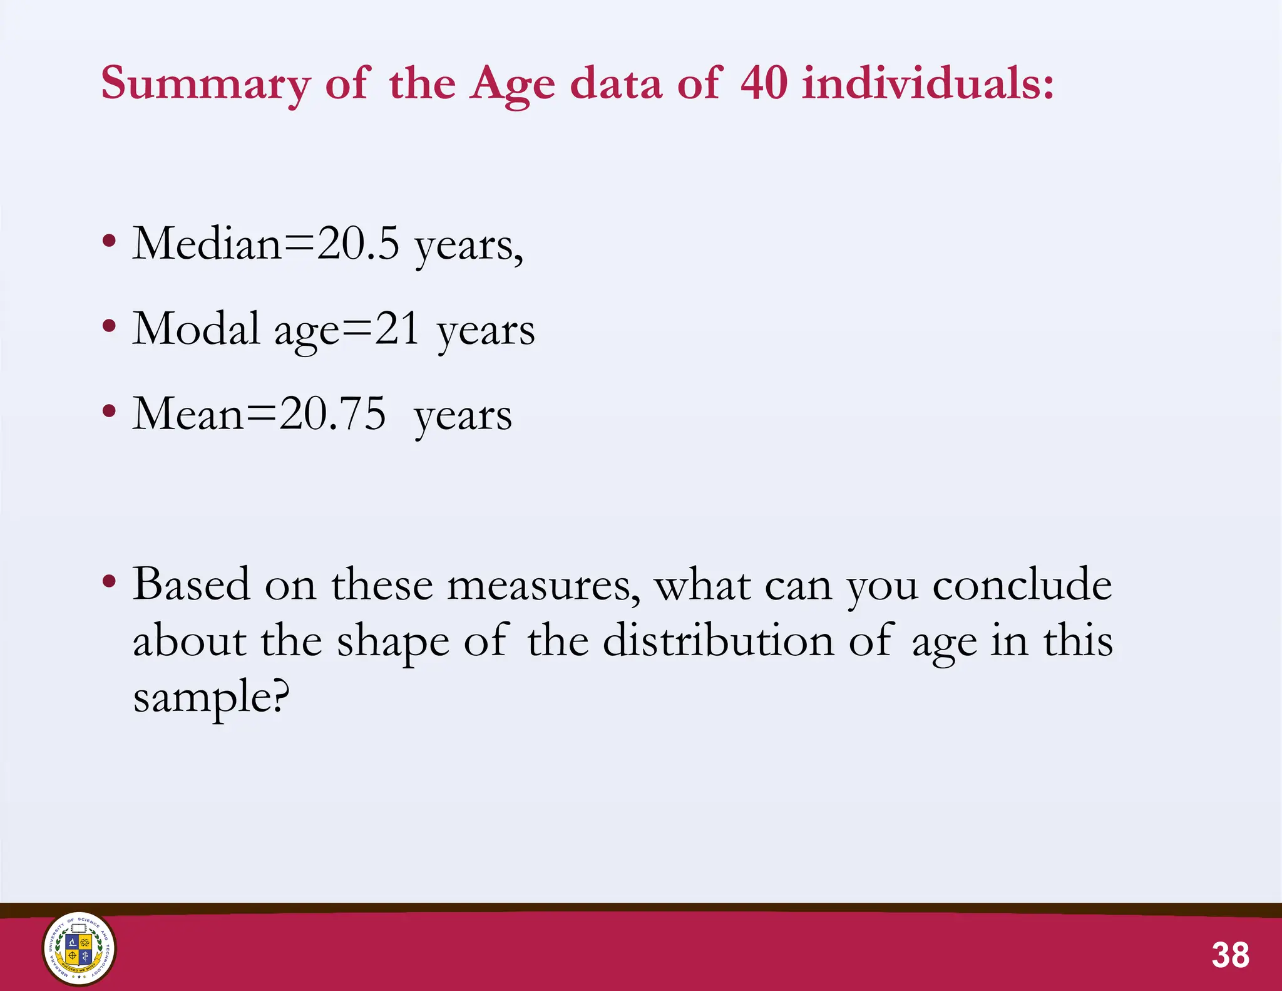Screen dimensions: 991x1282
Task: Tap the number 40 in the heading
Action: pos(764,83)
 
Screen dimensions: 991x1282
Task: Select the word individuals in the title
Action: pos(928,83)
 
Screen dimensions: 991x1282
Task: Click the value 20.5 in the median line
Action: pos(357,243)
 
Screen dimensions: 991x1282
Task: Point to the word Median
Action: pos(207,243)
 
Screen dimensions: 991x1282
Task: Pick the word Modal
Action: pos(196,329)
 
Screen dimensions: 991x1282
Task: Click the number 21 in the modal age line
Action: pos(397,329)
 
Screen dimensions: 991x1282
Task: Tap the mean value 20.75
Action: pos(332,414)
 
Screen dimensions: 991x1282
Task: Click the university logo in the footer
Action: pos(79,948)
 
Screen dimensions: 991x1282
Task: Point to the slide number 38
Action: pos(1230,955)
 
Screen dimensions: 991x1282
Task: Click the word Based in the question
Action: pos(191,584)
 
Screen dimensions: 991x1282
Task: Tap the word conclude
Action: pos(1022,584)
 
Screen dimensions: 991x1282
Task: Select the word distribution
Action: pos(718,641)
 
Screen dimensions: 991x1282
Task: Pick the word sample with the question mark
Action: pos(212,698)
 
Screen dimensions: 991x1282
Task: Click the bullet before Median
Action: pos(109,241)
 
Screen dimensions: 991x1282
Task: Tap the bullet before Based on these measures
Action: pos(109,581)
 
